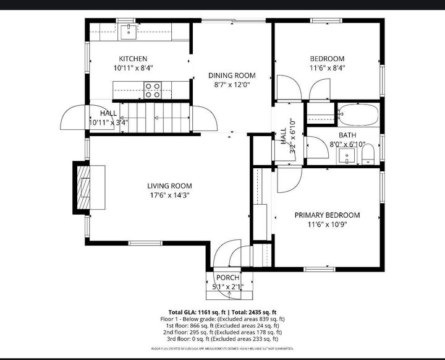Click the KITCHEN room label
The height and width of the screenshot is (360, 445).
pyautogui.click(x=133, y=59)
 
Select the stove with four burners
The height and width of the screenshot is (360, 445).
pyautogui.click(x=152, y=90)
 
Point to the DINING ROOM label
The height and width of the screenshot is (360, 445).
pyautogui.click(x=231, y=75)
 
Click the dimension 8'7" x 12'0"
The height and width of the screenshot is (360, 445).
pyautogui.click(x=231, y=85)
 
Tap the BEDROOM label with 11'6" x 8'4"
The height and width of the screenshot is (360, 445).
pyautogui.click(x=327, y=59)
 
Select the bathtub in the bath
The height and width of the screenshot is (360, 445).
pyautogui.click(x=358, y=115)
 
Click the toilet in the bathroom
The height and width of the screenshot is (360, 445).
pyautogui.click(x=368, y=155)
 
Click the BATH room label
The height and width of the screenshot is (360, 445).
pyautogui.click(x=347, y=135)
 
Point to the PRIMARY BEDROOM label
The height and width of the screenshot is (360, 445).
pyautogui.click(x=326, y=215)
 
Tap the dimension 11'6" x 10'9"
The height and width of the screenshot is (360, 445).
pyautogui.click(x=326, y=225)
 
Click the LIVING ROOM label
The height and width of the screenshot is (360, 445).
pyautogui.click(x=169, y=186)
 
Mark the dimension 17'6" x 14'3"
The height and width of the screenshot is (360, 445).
pyautogui.click(x=169, y=195)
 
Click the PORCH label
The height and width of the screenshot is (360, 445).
pyautogui.click(x=227, y=278)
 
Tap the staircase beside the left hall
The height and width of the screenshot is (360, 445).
pyautogui.click(x=155, y=117)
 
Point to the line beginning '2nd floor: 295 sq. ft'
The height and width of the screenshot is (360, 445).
pyautogui.click(x=222, y=332)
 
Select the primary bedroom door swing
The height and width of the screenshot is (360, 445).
pyautogui.click(x=286, y=179)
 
